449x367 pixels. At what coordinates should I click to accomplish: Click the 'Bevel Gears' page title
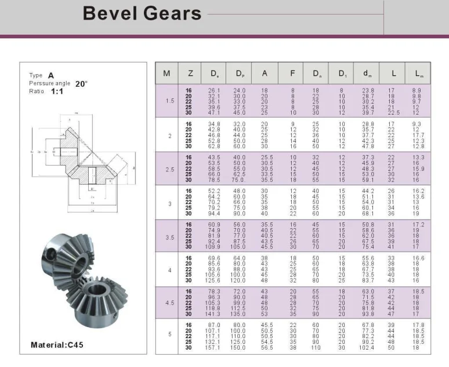point(142,13)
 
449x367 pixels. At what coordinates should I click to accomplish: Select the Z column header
point(190,74)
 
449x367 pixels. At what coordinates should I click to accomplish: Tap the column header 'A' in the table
point(265,74)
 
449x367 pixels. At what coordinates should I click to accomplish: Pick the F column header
point(292,74)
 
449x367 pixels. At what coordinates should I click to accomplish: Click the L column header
point(393,74)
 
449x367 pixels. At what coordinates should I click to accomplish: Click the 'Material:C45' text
point(57,345)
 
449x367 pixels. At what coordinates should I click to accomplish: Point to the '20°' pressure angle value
point(81,83)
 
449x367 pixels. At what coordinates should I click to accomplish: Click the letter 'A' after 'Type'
point(51,75)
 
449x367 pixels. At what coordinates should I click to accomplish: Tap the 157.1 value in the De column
point(214,347)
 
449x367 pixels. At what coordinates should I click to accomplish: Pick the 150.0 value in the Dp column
point(239,347)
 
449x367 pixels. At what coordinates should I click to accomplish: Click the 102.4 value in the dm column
point(368,347)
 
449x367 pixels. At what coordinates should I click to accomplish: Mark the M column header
point(166,74)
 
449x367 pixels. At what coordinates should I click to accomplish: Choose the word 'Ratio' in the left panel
point(36,91)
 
